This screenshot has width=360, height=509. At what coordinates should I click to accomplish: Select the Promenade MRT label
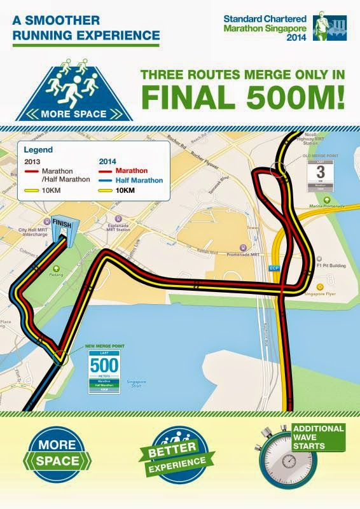click(246, 254)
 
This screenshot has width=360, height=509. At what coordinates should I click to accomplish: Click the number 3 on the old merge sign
click(321, 172)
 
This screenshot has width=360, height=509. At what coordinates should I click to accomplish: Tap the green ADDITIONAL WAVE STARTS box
click(319, 437)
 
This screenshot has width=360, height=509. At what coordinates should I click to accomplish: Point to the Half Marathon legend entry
click(140, 180)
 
